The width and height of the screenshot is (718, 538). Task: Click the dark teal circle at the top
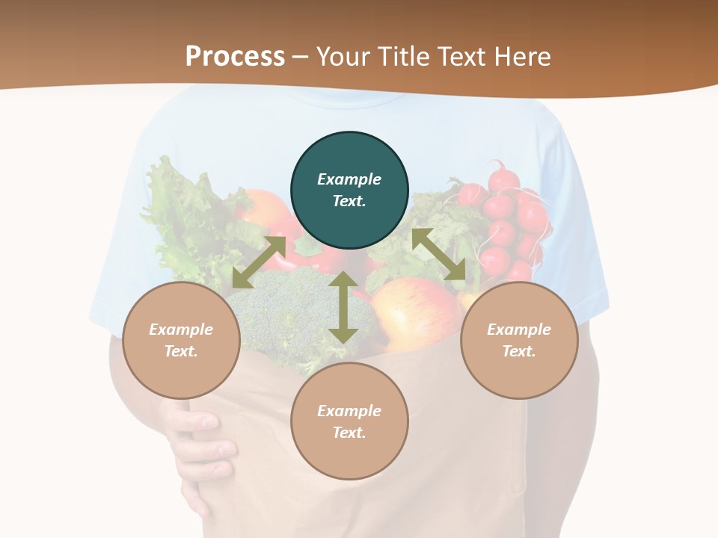[x=349, y=191]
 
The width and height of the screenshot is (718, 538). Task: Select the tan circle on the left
[x=181, y=340]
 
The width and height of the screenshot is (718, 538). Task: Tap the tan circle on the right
[x=519, y=340]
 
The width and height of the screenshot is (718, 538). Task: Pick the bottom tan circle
[x=349, y=421]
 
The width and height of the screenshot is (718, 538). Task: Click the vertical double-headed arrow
[x=343, y=307]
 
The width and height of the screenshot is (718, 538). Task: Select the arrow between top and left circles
[x=259, y=262]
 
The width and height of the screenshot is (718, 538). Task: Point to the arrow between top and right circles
[x=438, y=254]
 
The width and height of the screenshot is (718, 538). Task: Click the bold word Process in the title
[x=235, y=57]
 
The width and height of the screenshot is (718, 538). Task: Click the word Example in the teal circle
[x=349, y=179]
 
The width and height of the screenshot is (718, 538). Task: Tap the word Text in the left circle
[x=180, y=351]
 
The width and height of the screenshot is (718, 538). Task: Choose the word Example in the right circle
[x=519, y=330]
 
